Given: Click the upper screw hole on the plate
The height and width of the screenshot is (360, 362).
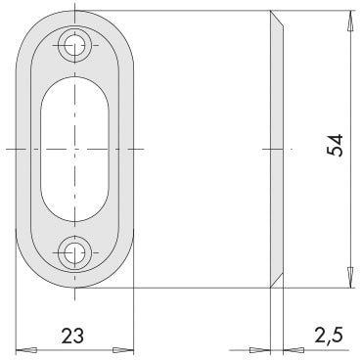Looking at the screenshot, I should [x=74, y=42].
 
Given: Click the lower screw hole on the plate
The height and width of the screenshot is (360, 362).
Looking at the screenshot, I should [x=74, y=252].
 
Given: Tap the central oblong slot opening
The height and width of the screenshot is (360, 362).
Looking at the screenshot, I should [x=74, y=147].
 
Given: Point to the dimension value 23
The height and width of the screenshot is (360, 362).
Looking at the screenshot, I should [x=74, y=336].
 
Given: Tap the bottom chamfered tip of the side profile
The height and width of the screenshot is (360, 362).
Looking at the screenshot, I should [x=275, y=282].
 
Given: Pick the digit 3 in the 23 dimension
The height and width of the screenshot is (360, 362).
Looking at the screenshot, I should [x=81, y=336].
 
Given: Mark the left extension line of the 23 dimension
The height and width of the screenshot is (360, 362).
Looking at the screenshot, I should [x=18, y=313].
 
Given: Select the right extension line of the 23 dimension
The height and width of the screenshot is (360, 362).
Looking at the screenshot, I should [x=131, y=313].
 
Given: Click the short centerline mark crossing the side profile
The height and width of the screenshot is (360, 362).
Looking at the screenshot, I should [x=276, y=149].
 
